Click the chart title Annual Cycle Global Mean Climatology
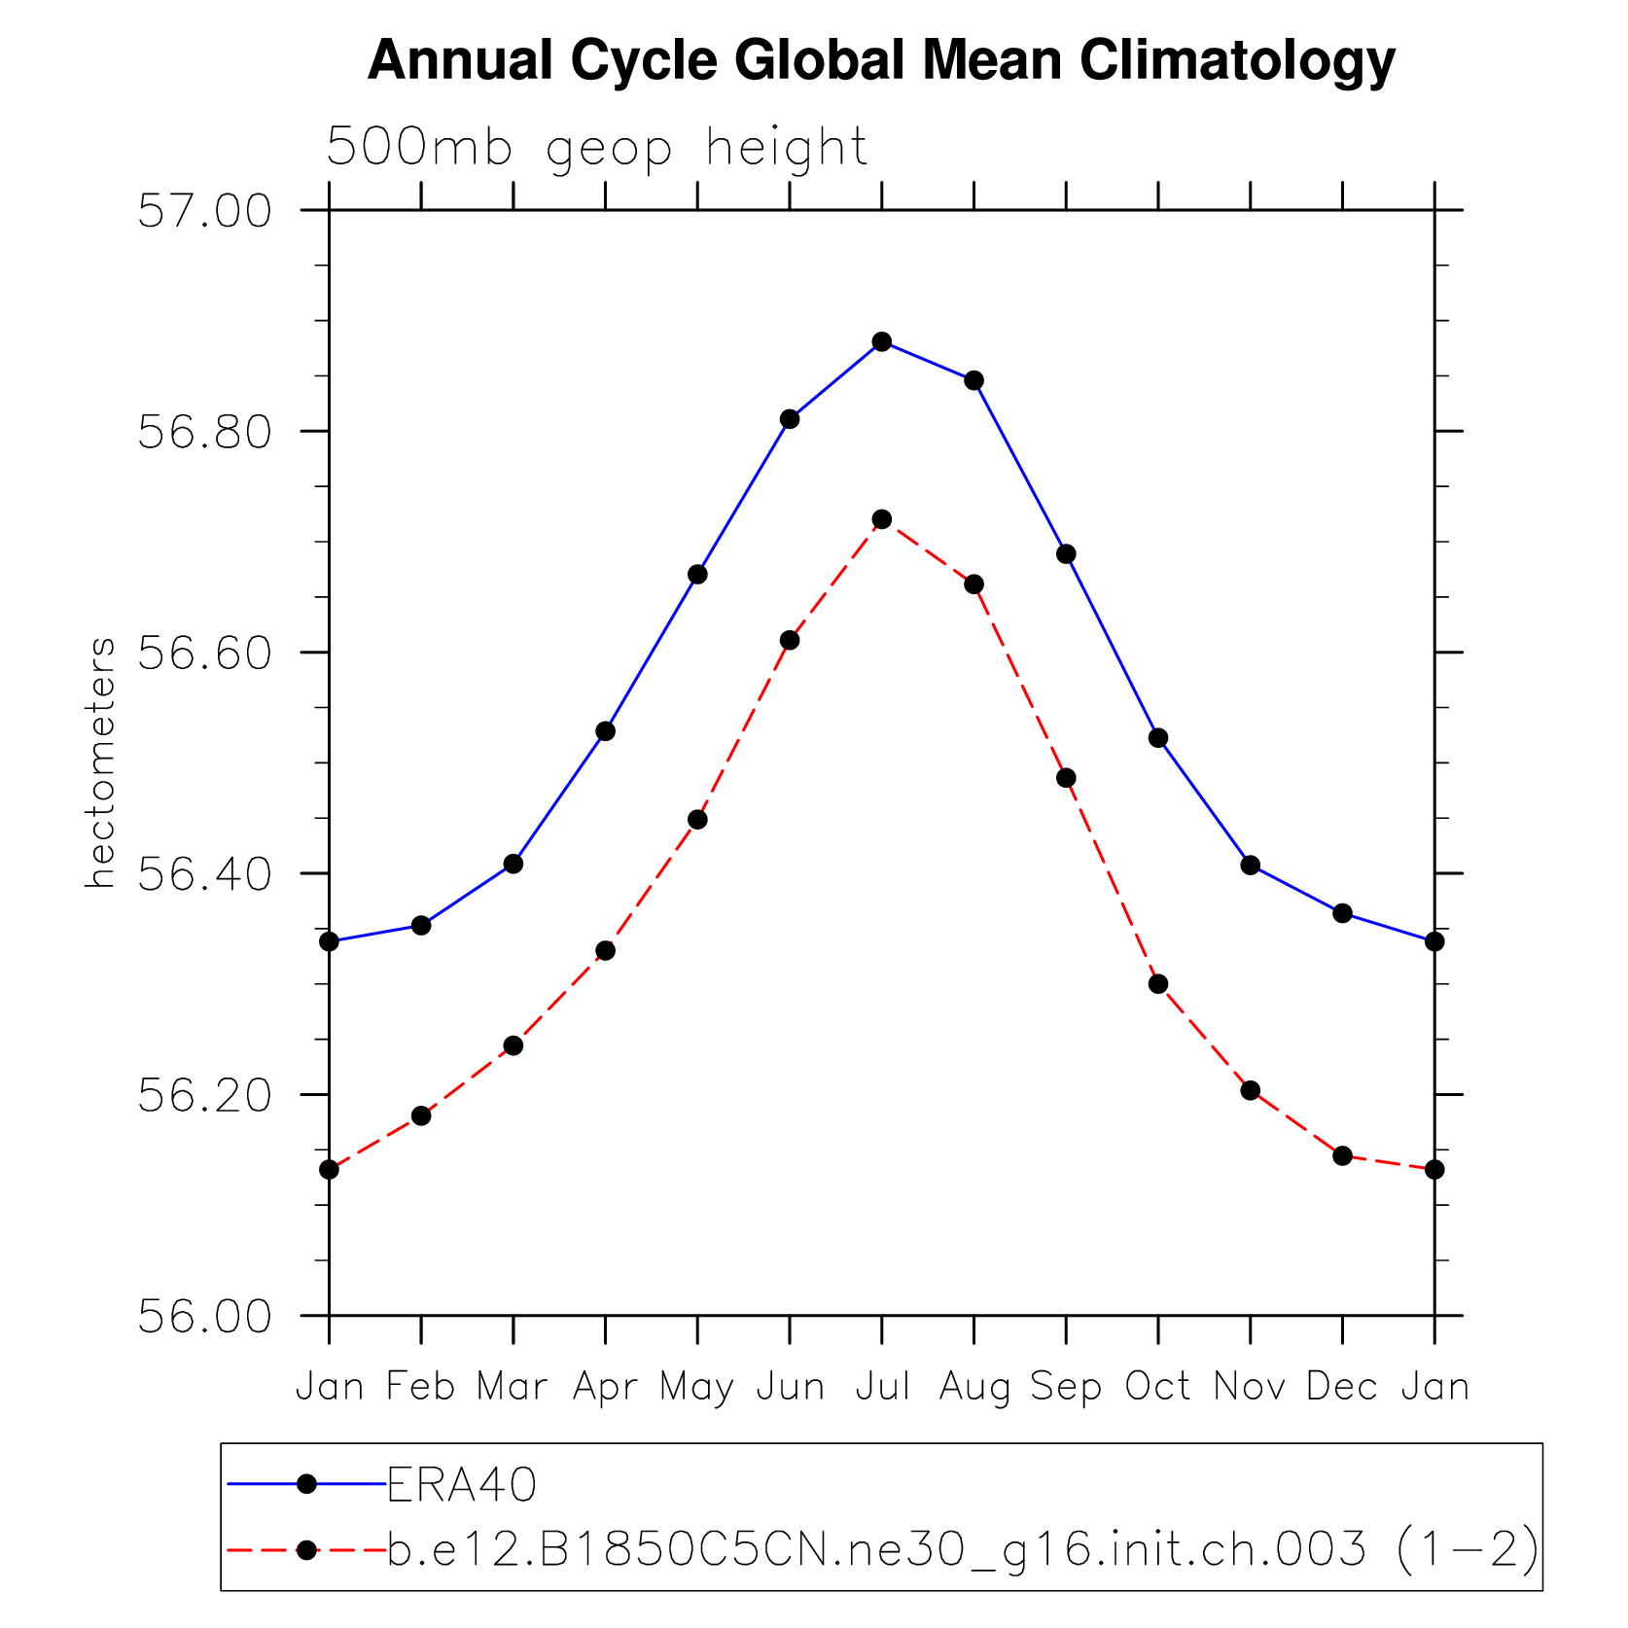tap(881, 60)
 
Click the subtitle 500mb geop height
tap(596, 148)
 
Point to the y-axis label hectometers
tap(100, 762)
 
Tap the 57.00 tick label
tap(204, 211)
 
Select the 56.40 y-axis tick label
tap(204, 874)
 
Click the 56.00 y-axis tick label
tap(204, 1317)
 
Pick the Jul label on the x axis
tap(882, 1387)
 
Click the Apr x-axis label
tap(605, 1387)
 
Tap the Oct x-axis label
tap(1157, 1387)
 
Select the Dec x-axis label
tap(1341, 1387)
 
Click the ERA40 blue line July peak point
tap(882, 341)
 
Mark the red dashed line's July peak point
tap(882, 519)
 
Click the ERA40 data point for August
tap(973, 380)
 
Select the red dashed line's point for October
tap(1158, 984)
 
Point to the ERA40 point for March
tap(513, 864)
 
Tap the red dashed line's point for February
tap(421, 1115)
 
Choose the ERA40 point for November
tap(1251, 865)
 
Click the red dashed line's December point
tap(1342, 1155)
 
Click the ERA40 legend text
tap(462, 1485)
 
